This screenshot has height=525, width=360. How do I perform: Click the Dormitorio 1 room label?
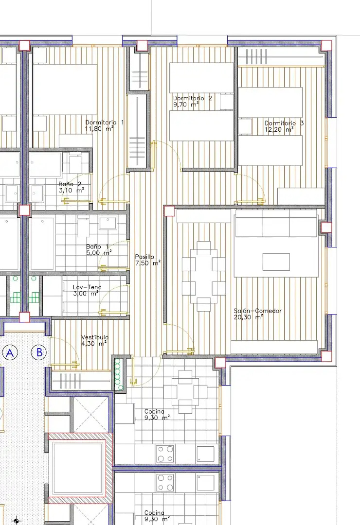(105, 122)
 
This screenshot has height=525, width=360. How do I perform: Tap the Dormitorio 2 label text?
(192, 98)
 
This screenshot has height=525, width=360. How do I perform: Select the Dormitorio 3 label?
(284, 123)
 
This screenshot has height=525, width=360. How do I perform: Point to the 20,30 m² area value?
(248, 317)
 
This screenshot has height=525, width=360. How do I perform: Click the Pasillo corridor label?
(144, 257)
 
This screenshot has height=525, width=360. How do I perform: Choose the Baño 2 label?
(70, 184)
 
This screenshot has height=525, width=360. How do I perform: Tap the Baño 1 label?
(97, 247)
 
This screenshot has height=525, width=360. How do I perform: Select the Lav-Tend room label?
(87, 287)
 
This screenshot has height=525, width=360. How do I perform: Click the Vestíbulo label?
(95, 337)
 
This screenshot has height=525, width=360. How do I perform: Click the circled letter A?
(10, 352)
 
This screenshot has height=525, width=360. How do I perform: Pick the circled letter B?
(39, 352)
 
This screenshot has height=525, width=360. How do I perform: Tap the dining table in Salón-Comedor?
(204, 276)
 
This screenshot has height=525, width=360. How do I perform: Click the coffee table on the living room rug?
(276, 262)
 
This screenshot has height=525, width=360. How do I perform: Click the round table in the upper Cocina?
(185, 391)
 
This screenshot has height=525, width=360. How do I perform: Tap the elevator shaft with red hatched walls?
(80, 468)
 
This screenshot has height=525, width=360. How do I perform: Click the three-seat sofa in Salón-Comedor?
(276, 223)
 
